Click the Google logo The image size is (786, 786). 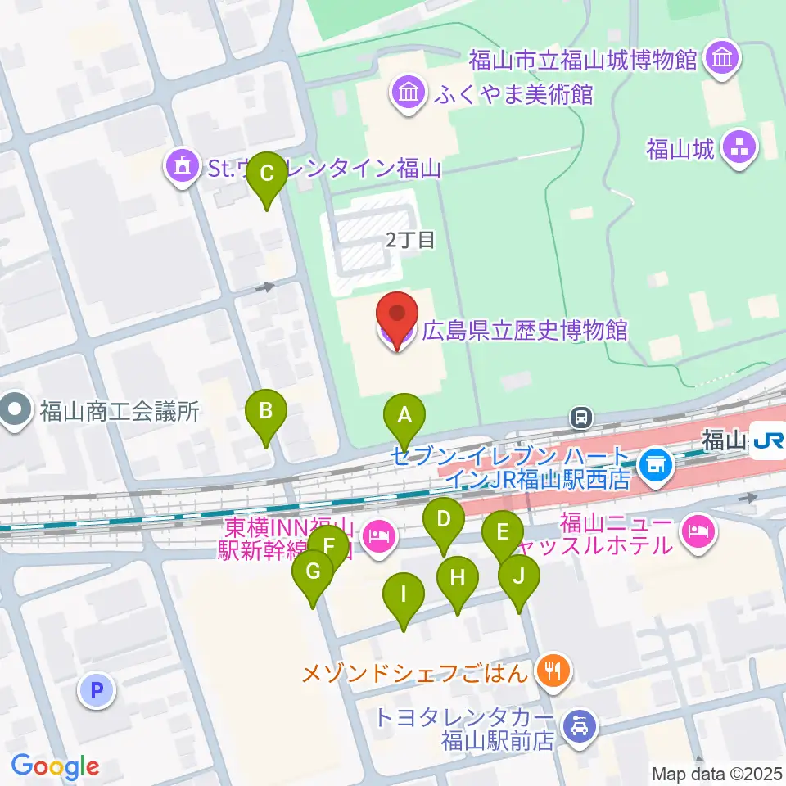point(55,767)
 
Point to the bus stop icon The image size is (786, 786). point(581,418)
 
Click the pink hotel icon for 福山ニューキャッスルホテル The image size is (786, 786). point(698,532)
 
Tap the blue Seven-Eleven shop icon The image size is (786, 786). point(655,465)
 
